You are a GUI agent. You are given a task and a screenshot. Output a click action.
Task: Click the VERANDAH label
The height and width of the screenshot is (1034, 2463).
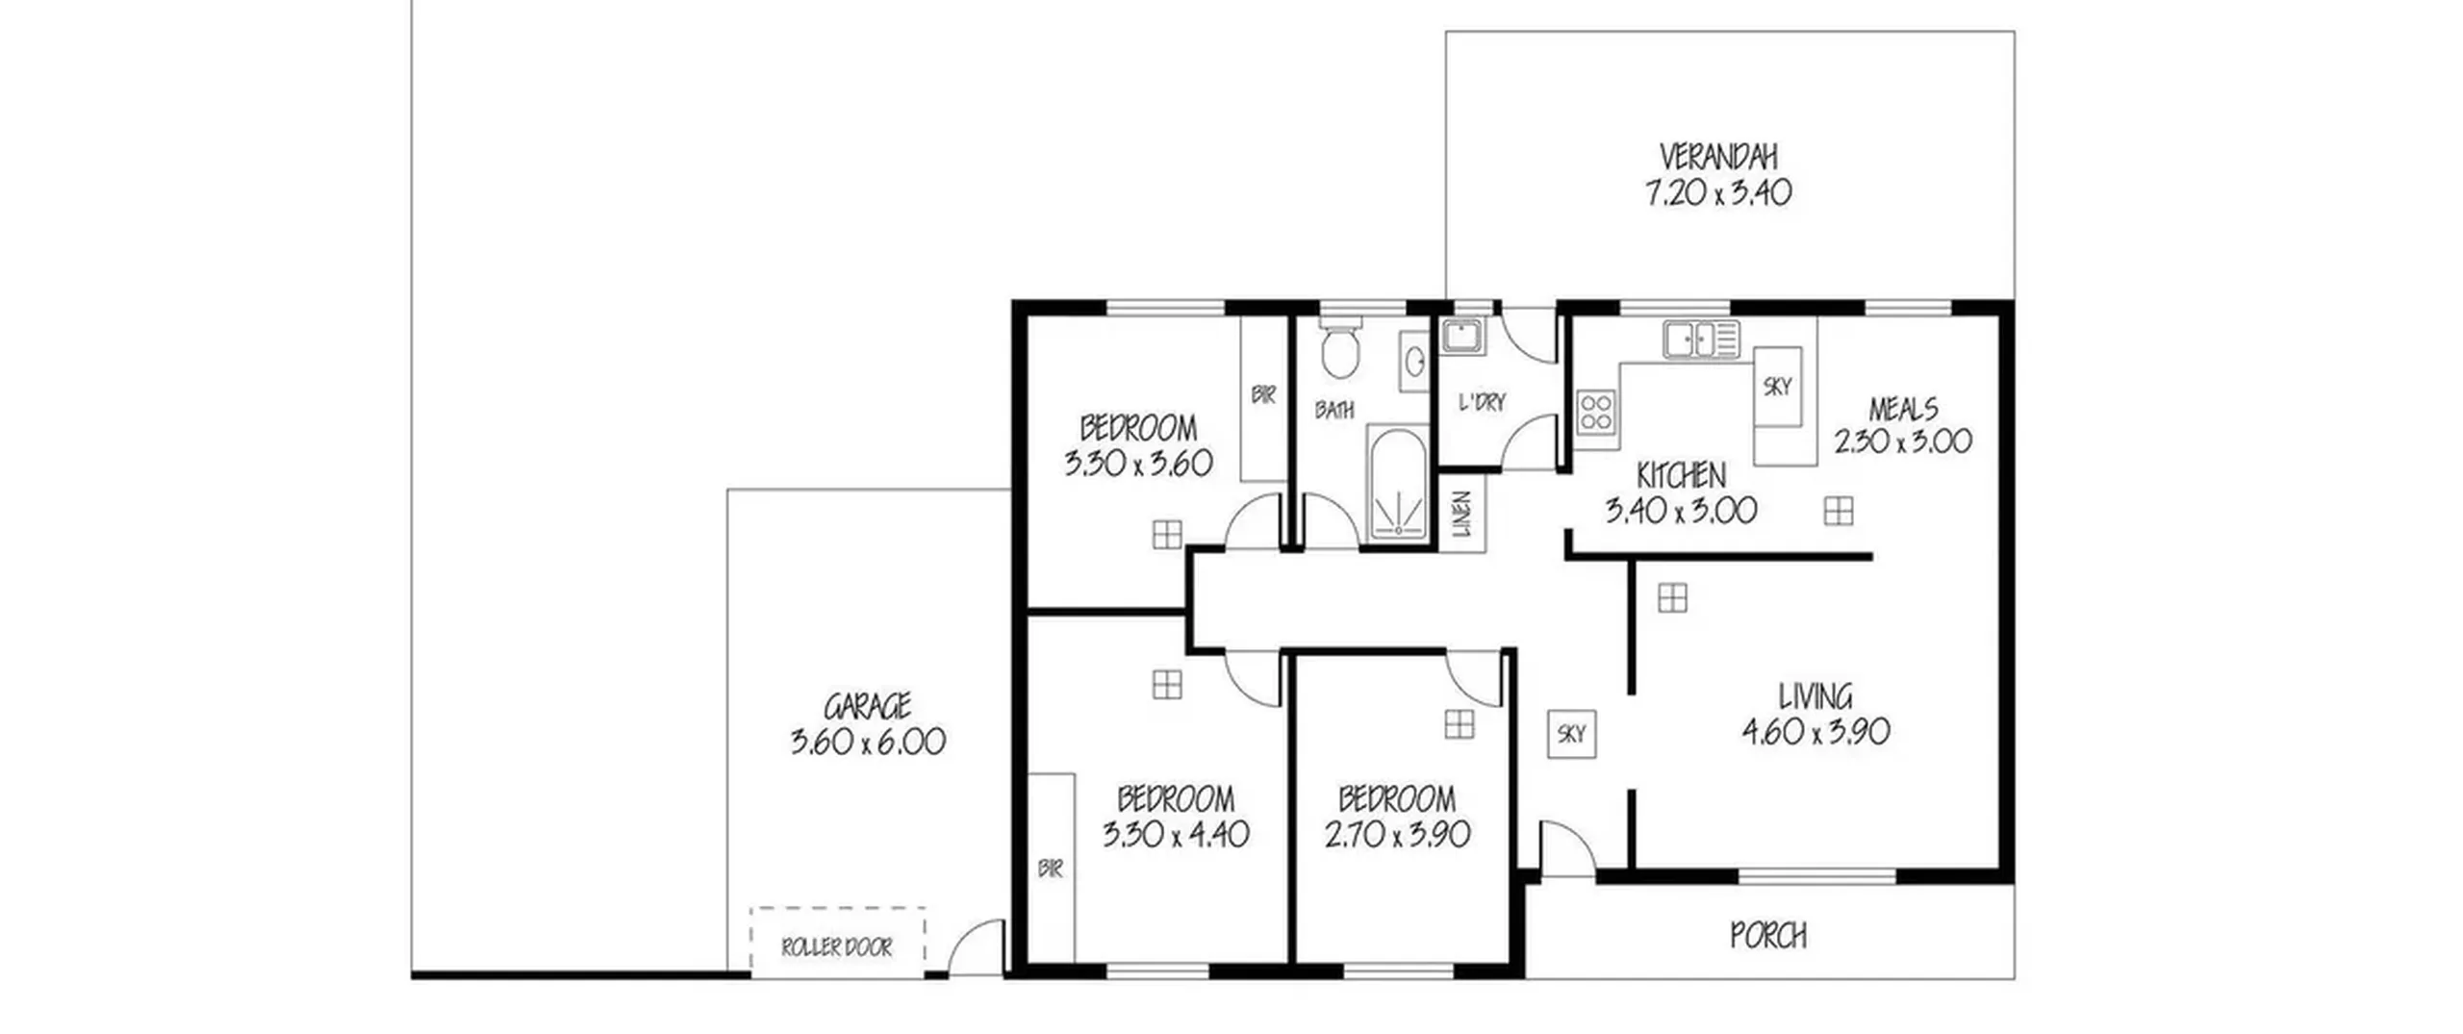pyautogui.click(x=1718, y=157)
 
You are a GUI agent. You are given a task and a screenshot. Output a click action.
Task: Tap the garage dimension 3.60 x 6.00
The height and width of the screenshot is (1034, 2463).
pyautogui.click(x=868, y=742)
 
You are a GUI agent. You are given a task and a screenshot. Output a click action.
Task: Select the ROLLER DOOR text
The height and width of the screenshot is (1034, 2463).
pyautogui.click(x=837, y=948)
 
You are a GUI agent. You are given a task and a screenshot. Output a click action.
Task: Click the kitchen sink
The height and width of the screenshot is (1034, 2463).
pyautogui.click(x=1700, y=340)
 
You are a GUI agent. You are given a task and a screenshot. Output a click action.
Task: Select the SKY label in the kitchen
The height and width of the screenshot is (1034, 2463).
pyautogui.click(x=1777, y=387)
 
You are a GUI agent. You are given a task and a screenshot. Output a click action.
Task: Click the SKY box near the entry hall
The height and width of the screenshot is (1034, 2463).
pyautogui.click(x=1571, y=734)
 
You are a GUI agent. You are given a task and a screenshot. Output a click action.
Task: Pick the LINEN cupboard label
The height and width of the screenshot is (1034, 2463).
pyautogui.click(x=1462, y=514)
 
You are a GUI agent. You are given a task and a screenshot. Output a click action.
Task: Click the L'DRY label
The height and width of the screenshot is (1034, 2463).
pyautogui.click(x=1482, y=402)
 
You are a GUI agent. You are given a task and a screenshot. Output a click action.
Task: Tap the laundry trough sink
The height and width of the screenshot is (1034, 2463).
pyautogui.click(x=1462, y=337)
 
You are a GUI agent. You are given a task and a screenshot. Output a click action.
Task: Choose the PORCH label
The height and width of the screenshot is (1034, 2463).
pyautogui.click(x=1768, y=936)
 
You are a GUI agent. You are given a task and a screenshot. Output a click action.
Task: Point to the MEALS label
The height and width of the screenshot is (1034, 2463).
pyautogui.click(x=1903, y=409)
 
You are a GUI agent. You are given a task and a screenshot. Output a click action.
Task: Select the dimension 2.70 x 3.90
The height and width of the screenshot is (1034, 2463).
pyautogui.click(x=1397, y=834)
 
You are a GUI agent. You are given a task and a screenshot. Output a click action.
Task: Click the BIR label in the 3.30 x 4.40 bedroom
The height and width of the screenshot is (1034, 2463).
pyautogui.click(x=1051, y=869)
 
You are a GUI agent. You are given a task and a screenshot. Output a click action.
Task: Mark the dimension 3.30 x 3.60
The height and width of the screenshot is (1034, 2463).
pyautogui.click(x=1138, y=464)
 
